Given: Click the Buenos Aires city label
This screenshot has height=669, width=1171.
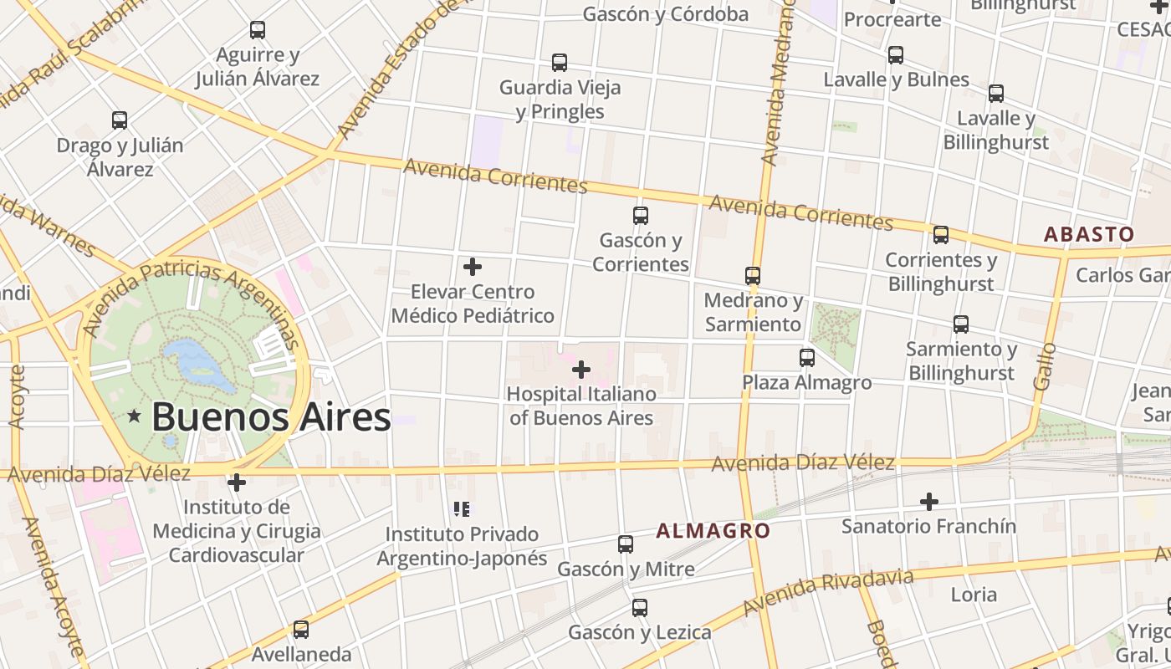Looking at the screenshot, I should click(x=271, y=416).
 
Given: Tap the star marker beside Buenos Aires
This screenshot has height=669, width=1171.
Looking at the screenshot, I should click(x=134, y=416).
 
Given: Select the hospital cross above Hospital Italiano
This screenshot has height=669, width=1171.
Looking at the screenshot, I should click(x=581, y=369).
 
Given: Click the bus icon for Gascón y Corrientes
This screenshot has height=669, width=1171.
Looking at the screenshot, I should click(x=641, y=216).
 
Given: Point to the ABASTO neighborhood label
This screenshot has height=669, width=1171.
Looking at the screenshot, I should click(x=1089, y=234).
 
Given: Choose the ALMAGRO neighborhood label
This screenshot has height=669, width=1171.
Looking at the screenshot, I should click(x=713, y=530).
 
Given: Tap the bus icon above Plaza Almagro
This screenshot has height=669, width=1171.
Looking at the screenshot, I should click(x=807, y=358).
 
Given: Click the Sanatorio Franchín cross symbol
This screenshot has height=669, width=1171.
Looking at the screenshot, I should click(x=928, y=502).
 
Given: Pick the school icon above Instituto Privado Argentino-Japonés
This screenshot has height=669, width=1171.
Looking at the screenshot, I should click(x=462, y=508).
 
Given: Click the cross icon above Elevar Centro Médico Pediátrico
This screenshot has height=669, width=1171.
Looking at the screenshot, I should click(x=473, y=267).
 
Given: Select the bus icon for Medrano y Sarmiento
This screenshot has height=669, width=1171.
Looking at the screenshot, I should click(x=753, y=275).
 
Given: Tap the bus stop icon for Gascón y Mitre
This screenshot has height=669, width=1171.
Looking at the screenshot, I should click(x=626, y=544).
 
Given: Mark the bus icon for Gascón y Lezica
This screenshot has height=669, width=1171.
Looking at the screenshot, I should click(x=640, y=608).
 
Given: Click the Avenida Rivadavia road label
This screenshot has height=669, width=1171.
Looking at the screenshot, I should click(x=828, y=592).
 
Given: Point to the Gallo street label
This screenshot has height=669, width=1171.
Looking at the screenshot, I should click(x=1045, y=365).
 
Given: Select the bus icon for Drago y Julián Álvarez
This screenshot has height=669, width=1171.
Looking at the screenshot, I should click(x=120, y=120).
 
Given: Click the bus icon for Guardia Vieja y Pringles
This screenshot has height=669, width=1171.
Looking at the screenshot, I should click(x=560, y=63).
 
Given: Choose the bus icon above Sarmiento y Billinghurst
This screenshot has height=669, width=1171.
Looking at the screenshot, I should click(x=961, y=324).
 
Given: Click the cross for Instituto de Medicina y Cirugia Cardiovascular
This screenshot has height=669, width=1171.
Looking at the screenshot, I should click(x=237, y=483).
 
